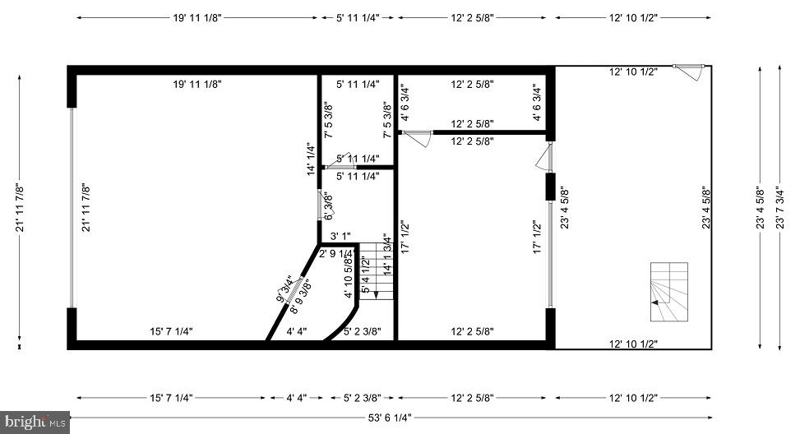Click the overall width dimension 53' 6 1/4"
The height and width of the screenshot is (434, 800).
[x=390, y=418]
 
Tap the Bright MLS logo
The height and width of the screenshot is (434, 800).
[x=35, y=422]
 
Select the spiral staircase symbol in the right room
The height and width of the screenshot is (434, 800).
[x=669, y=292]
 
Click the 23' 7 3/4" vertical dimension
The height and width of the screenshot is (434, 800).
[x=779, y=208]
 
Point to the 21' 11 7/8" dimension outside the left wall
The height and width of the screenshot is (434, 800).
[x=20, y=208]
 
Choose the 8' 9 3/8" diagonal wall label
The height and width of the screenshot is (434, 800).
[x=300, y=296]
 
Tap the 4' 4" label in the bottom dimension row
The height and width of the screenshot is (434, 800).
[x=297, y=398]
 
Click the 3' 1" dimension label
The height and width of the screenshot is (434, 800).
[x=340, y=236]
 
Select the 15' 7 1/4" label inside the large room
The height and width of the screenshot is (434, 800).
[x=171, y=331]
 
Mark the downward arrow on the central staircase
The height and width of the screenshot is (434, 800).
[x=376, y=295]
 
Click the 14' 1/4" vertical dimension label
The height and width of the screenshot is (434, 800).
[x=312, y=159]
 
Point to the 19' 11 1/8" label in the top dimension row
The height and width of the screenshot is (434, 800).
[x=197, y=18]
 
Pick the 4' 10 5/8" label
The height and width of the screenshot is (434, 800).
[x=349, y=276]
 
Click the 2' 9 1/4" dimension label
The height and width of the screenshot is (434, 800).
[x=336, y=253]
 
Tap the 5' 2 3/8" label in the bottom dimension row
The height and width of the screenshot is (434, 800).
[x=363, y=398]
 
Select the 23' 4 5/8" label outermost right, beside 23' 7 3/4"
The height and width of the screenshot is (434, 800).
[x=761, y=208]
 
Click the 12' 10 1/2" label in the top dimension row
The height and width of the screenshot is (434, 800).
[x=633, y=18]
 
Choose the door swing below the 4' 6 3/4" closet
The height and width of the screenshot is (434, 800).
[x=418, y=138]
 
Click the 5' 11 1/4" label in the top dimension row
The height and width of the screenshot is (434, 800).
[x=358, y=18]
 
